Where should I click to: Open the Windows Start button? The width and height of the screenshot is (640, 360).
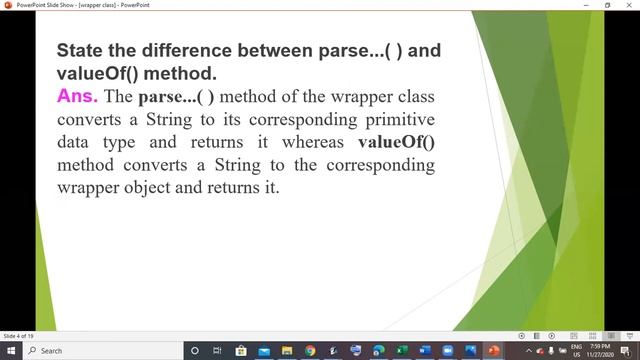9,351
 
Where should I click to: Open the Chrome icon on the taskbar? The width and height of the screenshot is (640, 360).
310,351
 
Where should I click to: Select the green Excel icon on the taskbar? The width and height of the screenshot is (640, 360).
401,351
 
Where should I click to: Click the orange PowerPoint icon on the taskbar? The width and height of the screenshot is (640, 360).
493,351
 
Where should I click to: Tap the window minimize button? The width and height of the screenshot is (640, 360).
583,5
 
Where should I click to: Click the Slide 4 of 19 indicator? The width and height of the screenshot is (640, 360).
19,336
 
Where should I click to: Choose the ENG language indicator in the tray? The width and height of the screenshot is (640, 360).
577,347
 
